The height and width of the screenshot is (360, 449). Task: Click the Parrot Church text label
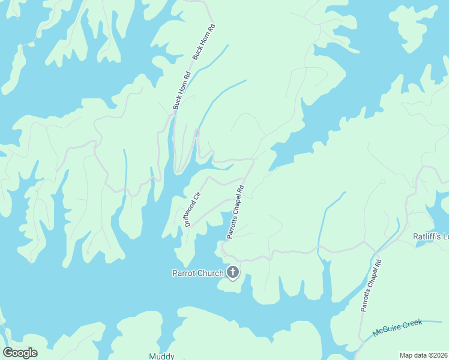pos(198,274)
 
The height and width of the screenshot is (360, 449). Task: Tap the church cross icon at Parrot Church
pos(233,273)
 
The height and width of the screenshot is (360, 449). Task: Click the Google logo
pos(20,353)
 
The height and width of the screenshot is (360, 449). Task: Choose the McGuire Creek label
pos(397,328)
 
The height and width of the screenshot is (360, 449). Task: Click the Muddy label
pos(161,356)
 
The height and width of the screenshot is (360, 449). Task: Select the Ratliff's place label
pos(430,236)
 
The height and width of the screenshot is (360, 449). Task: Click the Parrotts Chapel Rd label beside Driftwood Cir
pos(235,212)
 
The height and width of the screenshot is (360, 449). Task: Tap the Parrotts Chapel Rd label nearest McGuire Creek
pos(371,285)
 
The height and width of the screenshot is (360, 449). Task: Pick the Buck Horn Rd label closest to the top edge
pos(203,42)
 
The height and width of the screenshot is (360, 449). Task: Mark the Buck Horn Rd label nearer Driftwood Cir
pos(181,91)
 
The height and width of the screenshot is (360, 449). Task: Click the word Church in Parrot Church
pos(211,274)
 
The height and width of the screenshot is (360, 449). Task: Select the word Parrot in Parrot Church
pos(184,274)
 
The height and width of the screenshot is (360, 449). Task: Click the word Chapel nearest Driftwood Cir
pos(235,211)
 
